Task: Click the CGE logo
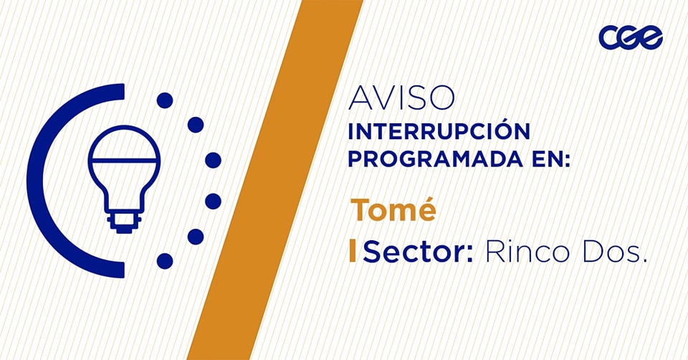pos(631,37)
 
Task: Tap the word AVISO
pos(401,98)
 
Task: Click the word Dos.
pos(614,252)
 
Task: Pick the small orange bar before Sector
pos(353,251)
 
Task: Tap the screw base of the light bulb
pos(124,222)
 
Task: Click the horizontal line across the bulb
pos(124,160)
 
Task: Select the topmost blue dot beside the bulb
pos(165,100)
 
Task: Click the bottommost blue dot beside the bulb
pos(165,261)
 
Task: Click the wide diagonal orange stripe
pos(275,180)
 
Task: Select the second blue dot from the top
pos(196,125)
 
